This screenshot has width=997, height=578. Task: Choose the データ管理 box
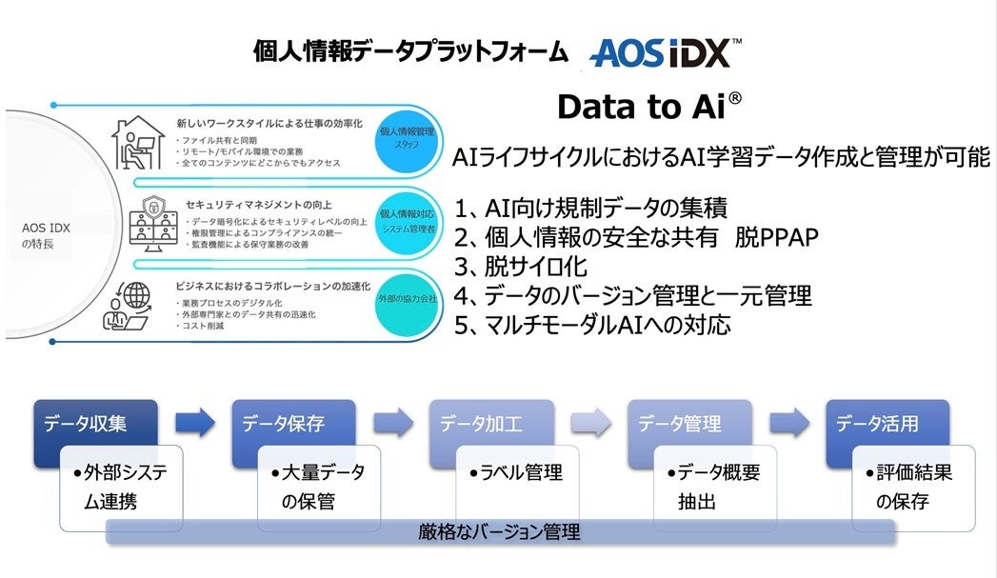point(685,424)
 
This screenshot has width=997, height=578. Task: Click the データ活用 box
point(883,424)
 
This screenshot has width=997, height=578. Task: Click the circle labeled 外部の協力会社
point(408,299)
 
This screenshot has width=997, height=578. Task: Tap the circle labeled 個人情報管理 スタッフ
point(408,138)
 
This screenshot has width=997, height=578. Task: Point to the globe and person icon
point(127,306)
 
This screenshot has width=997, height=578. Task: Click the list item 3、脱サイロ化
point(521,267)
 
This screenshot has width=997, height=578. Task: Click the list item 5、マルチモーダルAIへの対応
point(592,325)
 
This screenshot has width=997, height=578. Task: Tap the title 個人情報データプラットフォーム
point(410,51)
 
